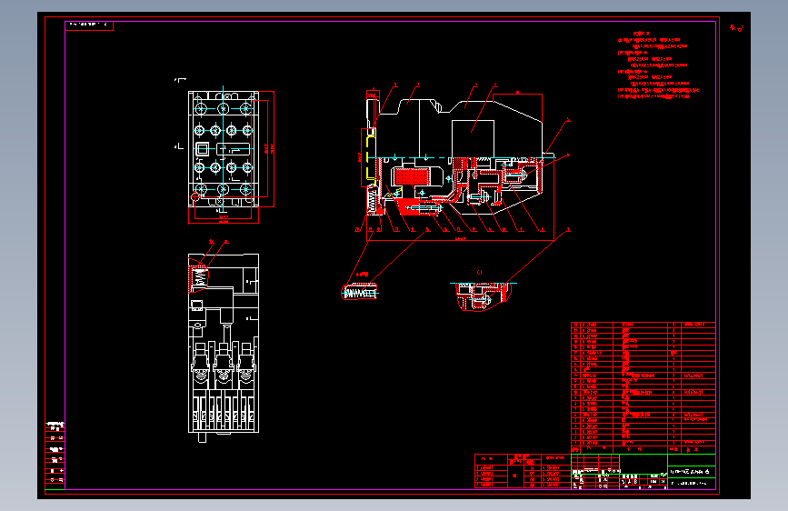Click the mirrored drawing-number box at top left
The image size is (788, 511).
coord(89,25)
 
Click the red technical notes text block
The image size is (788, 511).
coord(656,71)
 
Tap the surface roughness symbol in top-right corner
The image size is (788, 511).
coord(736,28)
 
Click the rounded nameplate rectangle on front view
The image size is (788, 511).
coord(234,151)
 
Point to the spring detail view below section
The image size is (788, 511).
coord(361,292)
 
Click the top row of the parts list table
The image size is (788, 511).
coord(643,325)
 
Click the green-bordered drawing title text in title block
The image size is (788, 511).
coord(691,472)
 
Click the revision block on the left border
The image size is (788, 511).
coord(55,455)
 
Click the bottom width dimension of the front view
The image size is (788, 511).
coord(223,217)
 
